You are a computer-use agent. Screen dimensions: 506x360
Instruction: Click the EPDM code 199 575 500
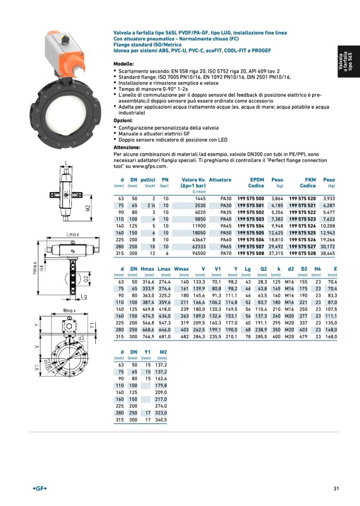251,199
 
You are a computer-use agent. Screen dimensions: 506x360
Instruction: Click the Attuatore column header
220,180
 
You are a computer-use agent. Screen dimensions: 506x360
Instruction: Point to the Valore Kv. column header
193,180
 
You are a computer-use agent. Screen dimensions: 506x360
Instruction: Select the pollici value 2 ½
152,206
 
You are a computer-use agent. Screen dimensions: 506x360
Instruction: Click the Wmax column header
181,269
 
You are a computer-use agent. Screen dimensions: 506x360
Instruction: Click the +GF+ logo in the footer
40,488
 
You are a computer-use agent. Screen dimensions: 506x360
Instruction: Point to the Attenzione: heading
127,147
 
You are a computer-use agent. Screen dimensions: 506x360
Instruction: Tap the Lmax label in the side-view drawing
73,235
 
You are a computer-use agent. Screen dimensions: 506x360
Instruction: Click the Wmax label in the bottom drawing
70,311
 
